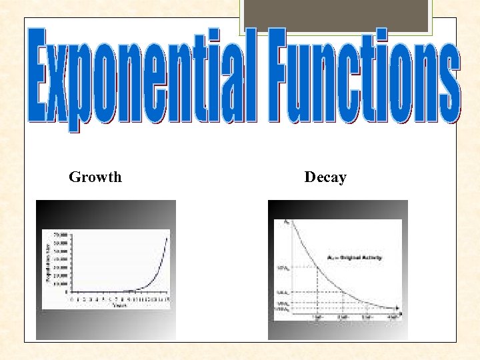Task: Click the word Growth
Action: pyautogui.click(x=95, y=177)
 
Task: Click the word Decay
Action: pyautogui.click(x=325, y=177)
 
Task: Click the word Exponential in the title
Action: pyautogui.click(x=141, y=77)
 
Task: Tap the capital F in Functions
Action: pyautogui.click(x=277, y=75)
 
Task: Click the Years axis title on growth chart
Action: pyautogui.click(x=120, y=305)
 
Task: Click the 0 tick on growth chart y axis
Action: pyautogui.click(x=65, y=292)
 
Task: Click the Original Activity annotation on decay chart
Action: pyautogui.click(x=353, y=257)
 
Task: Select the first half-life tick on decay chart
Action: pyautogui.click(x=317, y=316)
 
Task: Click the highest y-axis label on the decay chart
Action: pyautogui.click(x=287, y=221)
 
